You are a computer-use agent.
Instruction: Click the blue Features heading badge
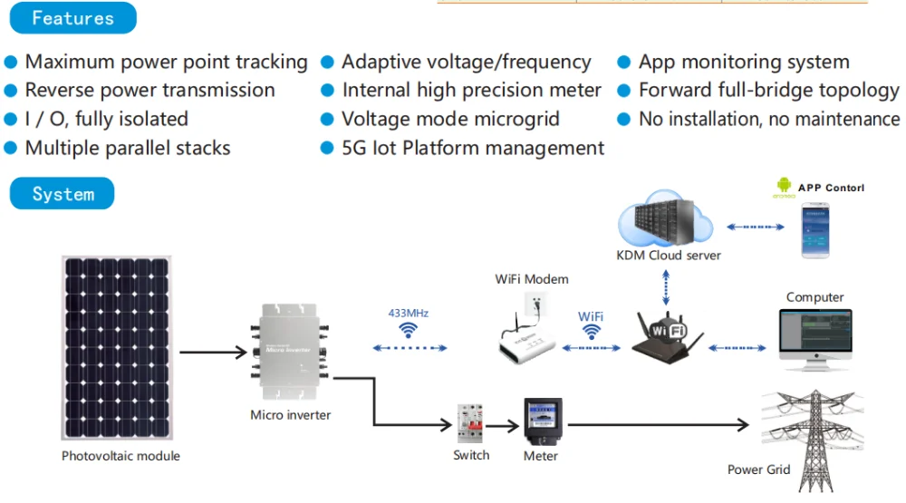[72, 18]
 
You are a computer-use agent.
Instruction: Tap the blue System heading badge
[63, 194]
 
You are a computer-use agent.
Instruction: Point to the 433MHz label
[409, 313]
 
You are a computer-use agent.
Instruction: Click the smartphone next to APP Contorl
[814, 230]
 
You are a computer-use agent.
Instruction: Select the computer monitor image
[814, 338]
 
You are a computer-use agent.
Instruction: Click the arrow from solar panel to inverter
[213, 352]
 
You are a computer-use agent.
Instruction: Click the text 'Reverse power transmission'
[149, 91]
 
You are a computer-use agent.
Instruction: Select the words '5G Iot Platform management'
[472, 148]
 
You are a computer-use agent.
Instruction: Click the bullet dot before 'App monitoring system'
[623, 63]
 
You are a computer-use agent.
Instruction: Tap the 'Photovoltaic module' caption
[120, 456]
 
